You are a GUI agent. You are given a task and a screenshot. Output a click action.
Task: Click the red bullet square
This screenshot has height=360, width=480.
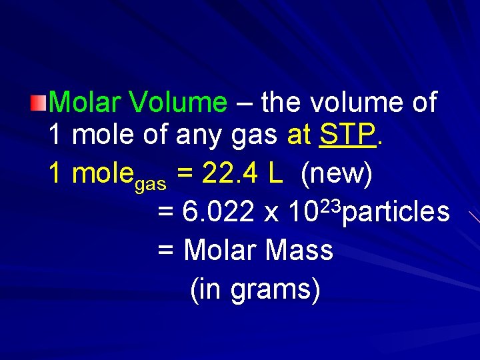pos(39,102)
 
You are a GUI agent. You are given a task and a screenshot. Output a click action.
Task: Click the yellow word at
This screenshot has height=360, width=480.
pos(299,135)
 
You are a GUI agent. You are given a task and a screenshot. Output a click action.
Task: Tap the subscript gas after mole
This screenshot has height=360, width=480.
pos(151,183)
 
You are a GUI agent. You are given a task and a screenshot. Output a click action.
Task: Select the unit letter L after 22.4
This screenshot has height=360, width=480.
pos(275,174)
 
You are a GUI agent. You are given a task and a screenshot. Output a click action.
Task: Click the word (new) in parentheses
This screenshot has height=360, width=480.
pos(337,174)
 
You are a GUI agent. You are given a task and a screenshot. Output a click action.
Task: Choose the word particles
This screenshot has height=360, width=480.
pos(397,213)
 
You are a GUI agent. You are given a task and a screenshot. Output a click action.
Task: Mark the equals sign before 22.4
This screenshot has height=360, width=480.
pos(187,175)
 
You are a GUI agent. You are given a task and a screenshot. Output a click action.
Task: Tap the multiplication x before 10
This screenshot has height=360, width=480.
pos(271,215)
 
